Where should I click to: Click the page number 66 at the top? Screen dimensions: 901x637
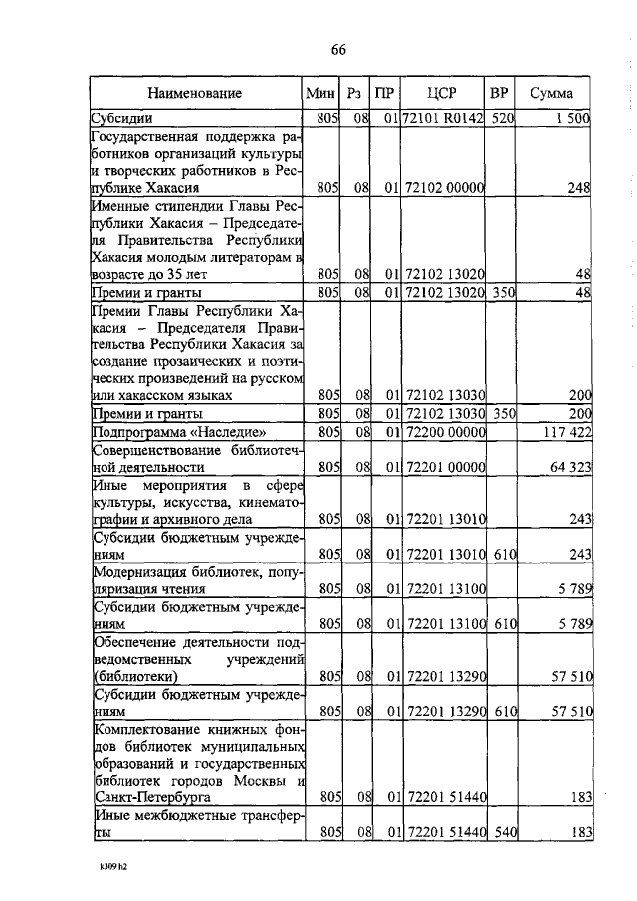[x=337, y=51]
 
